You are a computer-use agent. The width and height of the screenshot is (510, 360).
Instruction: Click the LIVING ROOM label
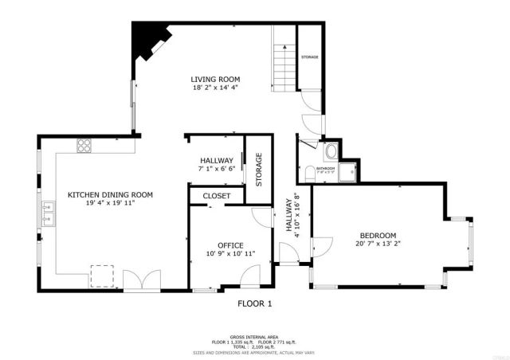point(215,79)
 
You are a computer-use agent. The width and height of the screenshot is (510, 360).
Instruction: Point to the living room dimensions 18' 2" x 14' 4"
point(215,88)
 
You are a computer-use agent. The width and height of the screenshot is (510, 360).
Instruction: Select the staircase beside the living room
point(284,59)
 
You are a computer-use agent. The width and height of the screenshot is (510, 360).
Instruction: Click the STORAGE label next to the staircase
point(310,58)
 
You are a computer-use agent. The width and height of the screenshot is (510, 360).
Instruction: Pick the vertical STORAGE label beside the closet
point(258,169)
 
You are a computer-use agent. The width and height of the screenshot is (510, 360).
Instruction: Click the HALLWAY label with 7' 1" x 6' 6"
point(216,160)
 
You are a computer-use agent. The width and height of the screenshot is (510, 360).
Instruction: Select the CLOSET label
point(216,195)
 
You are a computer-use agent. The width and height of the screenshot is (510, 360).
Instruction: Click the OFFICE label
point(230,245)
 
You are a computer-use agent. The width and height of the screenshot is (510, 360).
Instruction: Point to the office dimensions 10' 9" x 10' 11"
point(230,254)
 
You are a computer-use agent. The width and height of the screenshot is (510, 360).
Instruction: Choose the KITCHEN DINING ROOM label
point(110,194)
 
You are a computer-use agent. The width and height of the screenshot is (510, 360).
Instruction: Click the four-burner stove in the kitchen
point(84,145)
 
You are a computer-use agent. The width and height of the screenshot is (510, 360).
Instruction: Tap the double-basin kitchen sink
point(48,213)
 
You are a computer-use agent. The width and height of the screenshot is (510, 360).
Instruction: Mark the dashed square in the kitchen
point(100,275)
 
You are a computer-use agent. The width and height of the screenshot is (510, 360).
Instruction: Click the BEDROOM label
point(378,235)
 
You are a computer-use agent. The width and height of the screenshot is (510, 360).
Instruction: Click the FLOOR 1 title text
point(255,303)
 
